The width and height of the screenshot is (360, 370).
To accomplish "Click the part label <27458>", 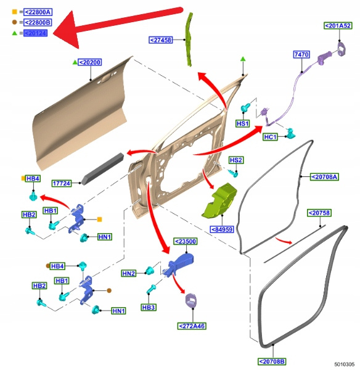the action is [161, 40].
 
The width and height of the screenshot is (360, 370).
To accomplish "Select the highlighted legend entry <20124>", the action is [35, 33].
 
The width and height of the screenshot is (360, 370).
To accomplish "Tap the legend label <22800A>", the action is [38, 12].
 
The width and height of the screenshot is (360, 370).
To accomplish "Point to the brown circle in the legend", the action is [15, 22].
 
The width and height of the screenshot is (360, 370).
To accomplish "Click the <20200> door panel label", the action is [89, 62].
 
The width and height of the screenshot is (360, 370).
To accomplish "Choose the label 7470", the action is [301, 54].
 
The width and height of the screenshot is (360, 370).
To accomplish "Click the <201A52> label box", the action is [338, 26].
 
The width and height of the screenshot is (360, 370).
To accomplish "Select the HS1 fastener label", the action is [243, 123].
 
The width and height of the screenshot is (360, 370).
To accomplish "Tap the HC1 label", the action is [271, 137].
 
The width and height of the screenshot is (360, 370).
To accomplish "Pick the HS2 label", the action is [236, 160].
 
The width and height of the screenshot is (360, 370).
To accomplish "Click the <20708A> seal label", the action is [324, 177].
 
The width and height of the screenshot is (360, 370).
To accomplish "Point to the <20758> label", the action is [319, 213].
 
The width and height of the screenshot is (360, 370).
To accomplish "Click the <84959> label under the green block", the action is [222, 229].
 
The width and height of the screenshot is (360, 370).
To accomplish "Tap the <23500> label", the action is [186, 241].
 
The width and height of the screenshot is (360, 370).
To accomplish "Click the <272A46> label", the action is [192, 326].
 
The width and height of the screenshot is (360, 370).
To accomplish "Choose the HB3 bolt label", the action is [149, 308].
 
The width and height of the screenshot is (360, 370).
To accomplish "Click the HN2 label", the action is [129, 273].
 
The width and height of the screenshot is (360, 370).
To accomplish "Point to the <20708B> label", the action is [272, 361].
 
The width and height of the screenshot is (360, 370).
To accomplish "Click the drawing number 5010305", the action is [344, 364].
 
